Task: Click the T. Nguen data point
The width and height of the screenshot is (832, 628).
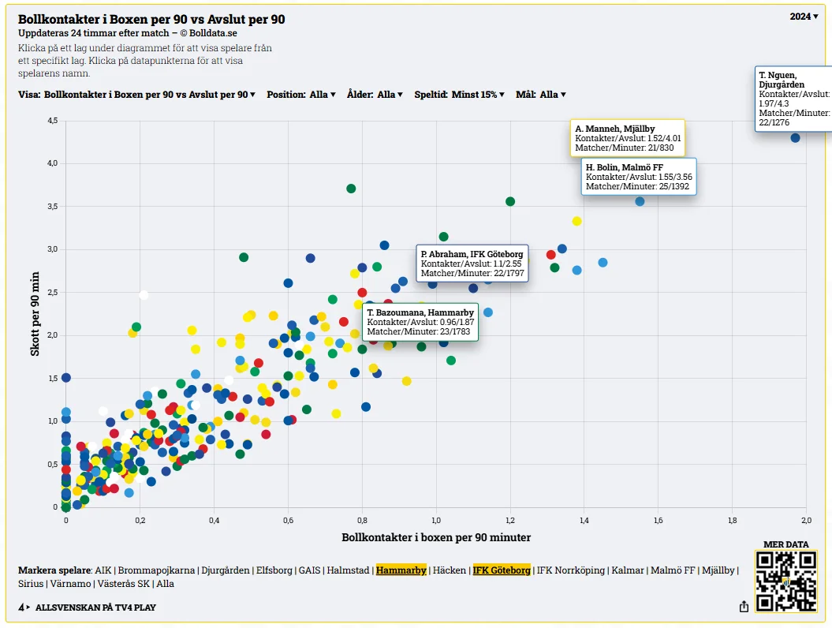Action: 795,138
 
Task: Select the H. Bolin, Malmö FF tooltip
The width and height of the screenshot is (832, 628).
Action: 639,177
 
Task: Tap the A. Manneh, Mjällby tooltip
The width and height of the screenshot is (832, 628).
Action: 628,138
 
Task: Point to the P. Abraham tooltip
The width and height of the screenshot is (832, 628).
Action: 472,264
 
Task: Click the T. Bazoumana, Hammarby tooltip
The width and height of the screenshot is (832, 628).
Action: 420,322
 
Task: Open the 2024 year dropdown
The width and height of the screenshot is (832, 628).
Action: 804,17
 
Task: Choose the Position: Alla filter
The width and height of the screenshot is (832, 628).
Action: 300,95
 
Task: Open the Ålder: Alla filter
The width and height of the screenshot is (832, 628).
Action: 375,95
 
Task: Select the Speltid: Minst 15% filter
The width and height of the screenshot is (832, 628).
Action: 459,95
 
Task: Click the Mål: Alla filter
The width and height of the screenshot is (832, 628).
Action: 541,95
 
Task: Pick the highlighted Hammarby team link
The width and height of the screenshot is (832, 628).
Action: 401,570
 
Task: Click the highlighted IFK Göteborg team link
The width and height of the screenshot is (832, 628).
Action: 502,570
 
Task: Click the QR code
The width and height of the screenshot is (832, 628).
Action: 785,581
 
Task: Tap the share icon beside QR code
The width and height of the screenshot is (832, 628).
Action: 744,606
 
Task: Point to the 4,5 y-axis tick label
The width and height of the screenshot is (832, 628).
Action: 53,121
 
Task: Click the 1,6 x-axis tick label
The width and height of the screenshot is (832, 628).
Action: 658,520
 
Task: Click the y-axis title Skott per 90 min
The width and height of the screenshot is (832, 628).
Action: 35,314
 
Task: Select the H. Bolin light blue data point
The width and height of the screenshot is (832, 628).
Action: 640,202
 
